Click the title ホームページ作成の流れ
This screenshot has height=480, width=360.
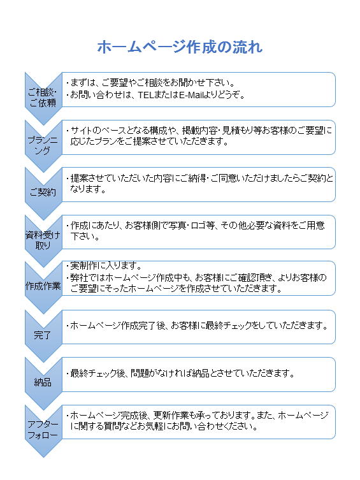point(180,47)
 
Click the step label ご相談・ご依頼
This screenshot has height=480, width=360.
point(43,98)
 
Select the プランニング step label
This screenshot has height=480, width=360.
point(43,145)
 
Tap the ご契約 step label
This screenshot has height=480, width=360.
point(43,193)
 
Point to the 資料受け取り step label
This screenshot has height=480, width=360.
point(43,240)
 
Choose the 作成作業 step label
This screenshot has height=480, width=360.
point(43,286)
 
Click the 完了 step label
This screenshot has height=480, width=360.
point(43,335)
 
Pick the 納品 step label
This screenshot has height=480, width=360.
point(43,382)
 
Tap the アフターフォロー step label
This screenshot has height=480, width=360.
point(43,430)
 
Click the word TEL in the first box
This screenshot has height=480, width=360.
point(145,95)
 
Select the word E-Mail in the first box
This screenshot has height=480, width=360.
point(191,95)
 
